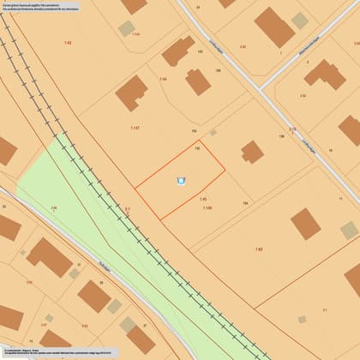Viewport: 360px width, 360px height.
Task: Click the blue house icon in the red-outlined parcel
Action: (x=180, y=180)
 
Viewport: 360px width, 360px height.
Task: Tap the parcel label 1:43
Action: (x=68, y=42)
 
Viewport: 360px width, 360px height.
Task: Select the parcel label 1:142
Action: (x=135, y=128)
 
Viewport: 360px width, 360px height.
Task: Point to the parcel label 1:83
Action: (x=259, y=249)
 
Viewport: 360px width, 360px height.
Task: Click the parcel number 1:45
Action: (x=203, y=200)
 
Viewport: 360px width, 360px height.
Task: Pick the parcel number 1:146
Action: (x=207, y=207)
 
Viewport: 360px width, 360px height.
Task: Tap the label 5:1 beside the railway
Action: (x=127, y=208)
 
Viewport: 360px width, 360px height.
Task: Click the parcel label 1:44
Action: (x=163, y=79)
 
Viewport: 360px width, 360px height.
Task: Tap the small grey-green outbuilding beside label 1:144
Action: (x=126, y=28)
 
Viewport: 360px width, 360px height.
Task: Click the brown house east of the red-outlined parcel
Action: (x=251, y=153)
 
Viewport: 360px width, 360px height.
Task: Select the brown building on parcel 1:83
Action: (x=305, y=224)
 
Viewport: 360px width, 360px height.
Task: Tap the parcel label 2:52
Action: (x=303, y=96)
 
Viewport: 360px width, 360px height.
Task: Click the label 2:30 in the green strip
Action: (x=53, y=207)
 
